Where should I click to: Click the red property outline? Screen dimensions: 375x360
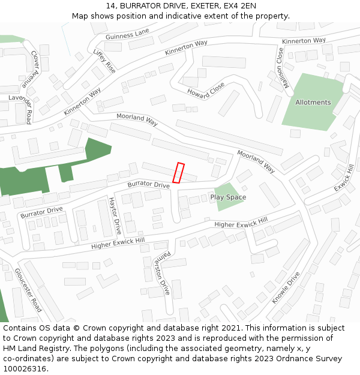178,172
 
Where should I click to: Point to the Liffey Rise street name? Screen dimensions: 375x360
104,61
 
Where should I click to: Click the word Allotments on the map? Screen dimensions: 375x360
313,103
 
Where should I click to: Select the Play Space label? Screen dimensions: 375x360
228,197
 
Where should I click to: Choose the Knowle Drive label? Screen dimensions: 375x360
286,288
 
